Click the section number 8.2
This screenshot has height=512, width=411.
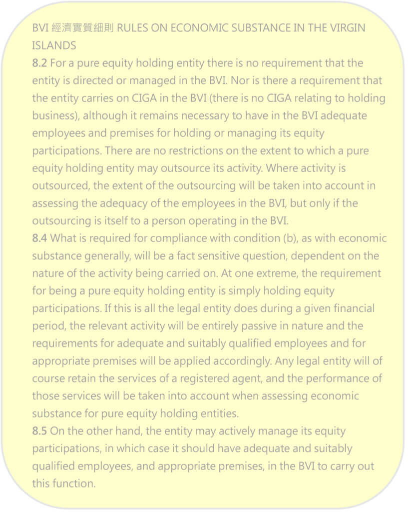[x=39, y=63]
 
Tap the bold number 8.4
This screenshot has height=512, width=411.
[x=40, y=238]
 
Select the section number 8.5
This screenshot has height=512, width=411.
[x=40, y=430]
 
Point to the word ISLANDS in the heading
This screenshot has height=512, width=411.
[x=54, y=45]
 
